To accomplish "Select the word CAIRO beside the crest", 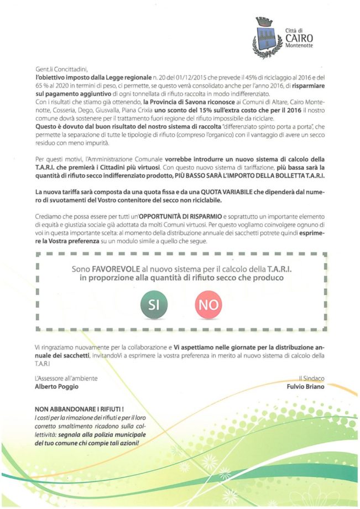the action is pyautogui.click(x=299, y=38).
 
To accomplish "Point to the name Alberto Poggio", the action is pyautogui.click(x=53, y=387).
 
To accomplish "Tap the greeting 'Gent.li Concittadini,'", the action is pyautogui.click(x=61, y=69).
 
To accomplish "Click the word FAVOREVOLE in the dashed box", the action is pyautogui.click(x=113, y=269).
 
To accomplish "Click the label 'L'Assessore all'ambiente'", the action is pyautogui.click(x=66, y=379).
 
